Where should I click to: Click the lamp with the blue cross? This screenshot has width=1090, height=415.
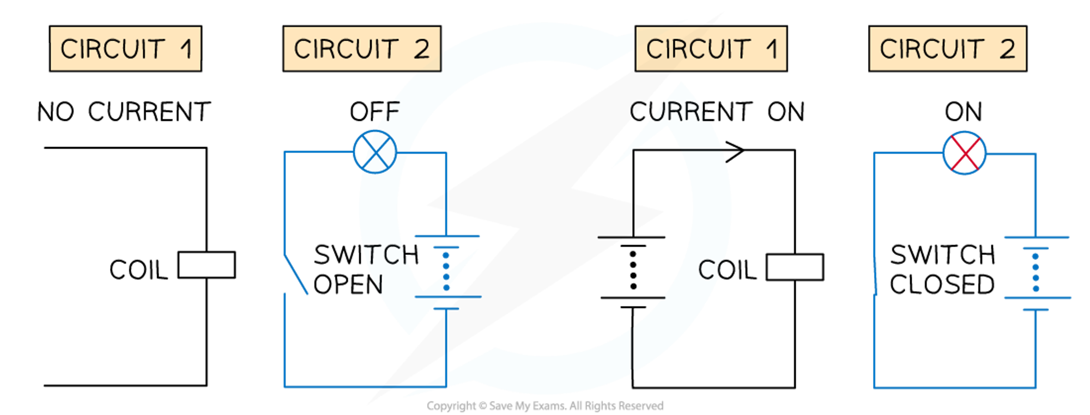(375, 152)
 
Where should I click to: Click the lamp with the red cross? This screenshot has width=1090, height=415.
(965, 153)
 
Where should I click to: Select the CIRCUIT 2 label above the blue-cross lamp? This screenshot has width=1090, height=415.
(361, 48)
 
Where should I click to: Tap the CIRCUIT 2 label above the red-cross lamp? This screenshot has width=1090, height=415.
(947, 48)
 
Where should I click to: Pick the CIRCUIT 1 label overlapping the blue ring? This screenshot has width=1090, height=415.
(711, 48)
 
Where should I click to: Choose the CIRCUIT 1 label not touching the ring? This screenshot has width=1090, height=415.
(125, 48)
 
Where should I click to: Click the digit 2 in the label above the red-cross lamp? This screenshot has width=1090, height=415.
(1007, 49)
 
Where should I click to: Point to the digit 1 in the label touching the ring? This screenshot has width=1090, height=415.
(771, 49)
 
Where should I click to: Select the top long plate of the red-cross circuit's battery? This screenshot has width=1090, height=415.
(1037, 237)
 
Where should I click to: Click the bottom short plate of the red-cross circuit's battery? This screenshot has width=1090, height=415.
(1035, 309)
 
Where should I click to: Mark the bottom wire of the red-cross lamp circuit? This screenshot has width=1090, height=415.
(954, 388)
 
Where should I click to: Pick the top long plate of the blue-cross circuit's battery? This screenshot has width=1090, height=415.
(447, 237)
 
